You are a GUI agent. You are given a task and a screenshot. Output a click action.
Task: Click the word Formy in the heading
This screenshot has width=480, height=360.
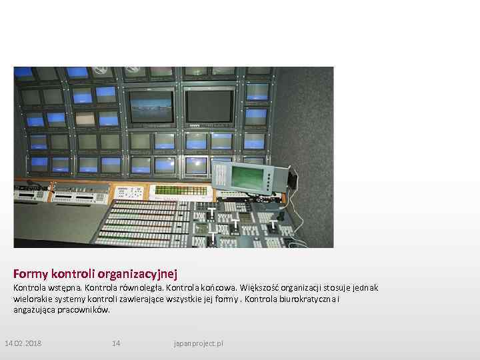click(30, 273)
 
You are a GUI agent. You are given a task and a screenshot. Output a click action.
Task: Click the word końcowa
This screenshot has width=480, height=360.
click(215, 287)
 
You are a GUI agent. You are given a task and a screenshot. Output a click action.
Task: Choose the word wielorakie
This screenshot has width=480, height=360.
click(32, 299)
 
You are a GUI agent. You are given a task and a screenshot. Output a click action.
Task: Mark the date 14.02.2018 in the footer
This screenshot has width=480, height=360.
click(23, 343)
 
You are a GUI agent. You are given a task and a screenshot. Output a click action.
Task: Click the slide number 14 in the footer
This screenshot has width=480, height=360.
click(116, 343)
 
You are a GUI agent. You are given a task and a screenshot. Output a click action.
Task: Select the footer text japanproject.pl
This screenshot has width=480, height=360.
click(198, 343)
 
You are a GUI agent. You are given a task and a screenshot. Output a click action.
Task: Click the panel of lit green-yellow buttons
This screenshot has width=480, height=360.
click(181, 191)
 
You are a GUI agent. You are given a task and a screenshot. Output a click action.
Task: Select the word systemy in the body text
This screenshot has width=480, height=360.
click(73, 299)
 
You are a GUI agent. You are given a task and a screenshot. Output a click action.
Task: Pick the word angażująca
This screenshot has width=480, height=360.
click(35, 309)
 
